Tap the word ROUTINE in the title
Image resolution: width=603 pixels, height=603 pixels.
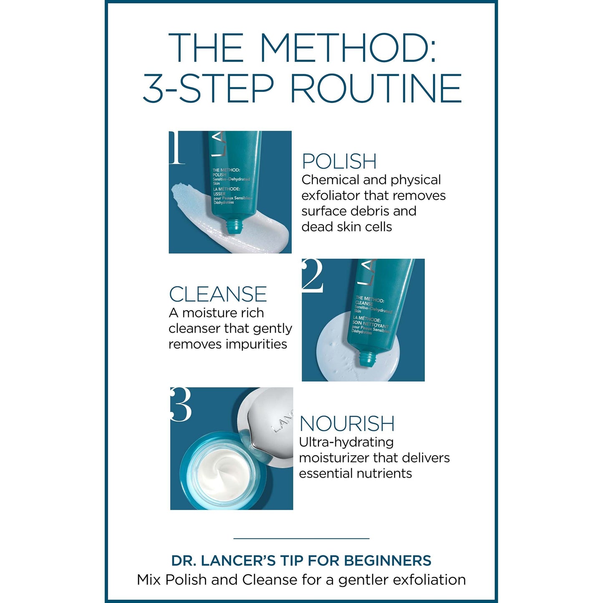376,88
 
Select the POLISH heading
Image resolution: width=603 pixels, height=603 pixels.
339,161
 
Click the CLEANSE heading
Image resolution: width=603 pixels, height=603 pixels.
217,294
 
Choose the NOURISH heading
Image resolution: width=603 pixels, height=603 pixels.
347,424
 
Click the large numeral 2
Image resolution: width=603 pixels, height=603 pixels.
313,275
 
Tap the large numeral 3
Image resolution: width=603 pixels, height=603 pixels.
181,404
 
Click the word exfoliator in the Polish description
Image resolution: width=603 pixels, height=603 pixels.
331,196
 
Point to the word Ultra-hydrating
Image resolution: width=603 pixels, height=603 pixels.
346,442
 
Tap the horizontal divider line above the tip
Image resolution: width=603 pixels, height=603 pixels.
301,538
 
